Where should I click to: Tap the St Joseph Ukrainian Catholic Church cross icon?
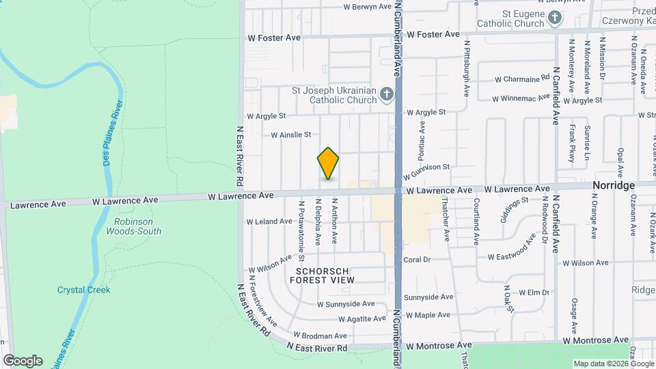[x=387, y=94]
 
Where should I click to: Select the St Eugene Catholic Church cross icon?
[x=555, y=18]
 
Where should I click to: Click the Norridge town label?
[x=613, y=186]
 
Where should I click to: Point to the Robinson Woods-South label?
[x=133, y=226]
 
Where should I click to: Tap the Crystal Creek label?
[x=83, y=290]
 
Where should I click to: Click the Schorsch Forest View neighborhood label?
[x=325, y=275]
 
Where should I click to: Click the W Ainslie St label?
[x=290, y=135]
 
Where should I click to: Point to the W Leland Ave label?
[x=269, y=221]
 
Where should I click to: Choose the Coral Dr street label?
[x=417, y=260]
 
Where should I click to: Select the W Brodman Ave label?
[x=320, y=336]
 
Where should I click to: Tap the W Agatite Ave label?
[x=362, y=319]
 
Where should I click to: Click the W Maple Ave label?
[x=428, y=315]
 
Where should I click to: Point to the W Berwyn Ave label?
[x=368, y=7]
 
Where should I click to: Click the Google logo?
[x=23, y=361]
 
